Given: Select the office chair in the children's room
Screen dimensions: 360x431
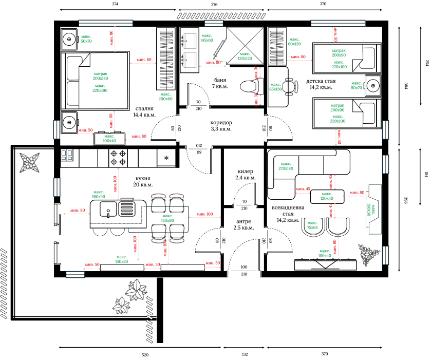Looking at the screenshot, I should [x=291, y=86].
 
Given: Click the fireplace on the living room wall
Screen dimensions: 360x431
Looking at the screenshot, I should [x=373, y=207].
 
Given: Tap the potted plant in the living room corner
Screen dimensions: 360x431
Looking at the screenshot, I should [x=369, y=253].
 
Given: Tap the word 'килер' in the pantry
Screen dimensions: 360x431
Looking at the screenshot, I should [x=245, y=172].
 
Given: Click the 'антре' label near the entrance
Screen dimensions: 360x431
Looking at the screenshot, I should [x=243, y=221].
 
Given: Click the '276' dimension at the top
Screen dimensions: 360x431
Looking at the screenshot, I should [x=215, y=4].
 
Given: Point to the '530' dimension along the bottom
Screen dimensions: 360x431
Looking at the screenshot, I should [x=144, y=355].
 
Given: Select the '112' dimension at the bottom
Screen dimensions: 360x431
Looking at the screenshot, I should [x=245, y=355].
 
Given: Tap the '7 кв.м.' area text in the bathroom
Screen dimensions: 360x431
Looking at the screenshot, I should [x=220, y=87].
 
